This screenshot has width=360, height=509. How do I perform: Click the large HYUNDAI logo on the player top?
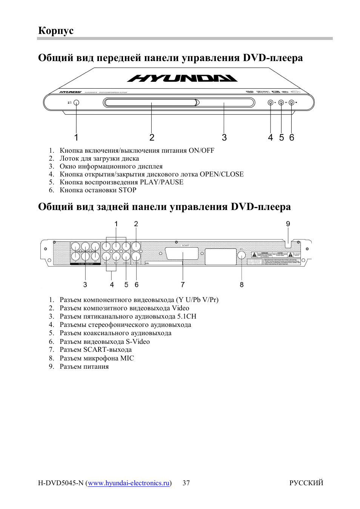(182, 78)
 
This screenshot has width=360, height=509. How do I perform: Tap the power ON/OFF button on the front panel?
(76, 103)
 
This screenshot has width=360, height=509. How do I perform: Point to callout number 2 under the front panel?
(152, 138)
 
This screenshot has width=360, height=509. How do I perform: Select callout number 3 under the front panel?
(224, 138)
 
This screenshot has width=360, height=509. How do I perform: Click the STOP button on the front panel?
(291, 103)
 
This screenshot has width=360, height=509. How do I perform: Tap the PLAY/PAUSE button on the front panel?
(281, 103)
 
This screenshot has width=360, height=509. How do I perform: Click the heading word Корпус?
(56, 31)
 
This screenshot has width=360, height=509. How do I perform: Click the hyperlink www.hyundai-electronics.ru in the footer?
(129, 483)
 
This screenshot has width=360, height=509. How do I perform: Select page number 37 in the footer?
(186, 483)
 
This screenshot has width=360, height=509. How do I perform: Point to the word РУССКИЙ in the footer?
(306, 483)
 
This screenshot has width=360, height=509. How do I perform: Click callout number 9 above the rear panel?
(288, 224)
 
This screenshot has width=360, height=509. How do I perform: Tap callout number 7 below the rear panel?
(183, 285)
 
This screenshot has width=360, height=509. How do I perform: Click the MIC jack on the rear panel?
(242, 255)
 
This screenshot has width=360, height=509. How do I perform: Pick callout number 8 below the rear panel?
(242, 285)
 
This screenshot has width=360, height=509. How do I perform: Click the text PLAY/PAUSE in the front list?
(162, 182)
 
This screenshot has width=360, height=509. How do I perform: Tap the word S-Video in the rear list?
(138, 342)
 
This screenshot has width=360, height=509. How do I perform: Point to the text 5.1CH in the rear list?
(187, 316)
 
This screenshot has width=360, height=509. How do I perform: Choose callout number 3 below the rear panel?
(85, 285)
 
